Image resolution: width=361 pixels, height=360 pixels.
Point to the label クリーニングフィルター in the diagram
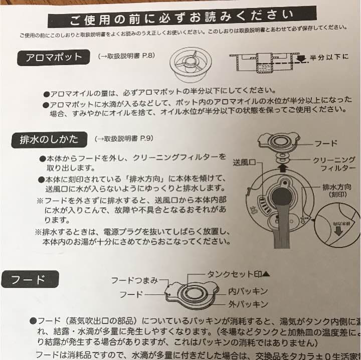(334, 164)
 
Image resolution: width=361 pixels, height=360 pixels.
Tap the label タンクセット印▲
(238, 274)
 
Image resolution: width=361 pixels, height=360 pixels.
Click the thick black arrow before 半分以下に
(301, 58)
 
